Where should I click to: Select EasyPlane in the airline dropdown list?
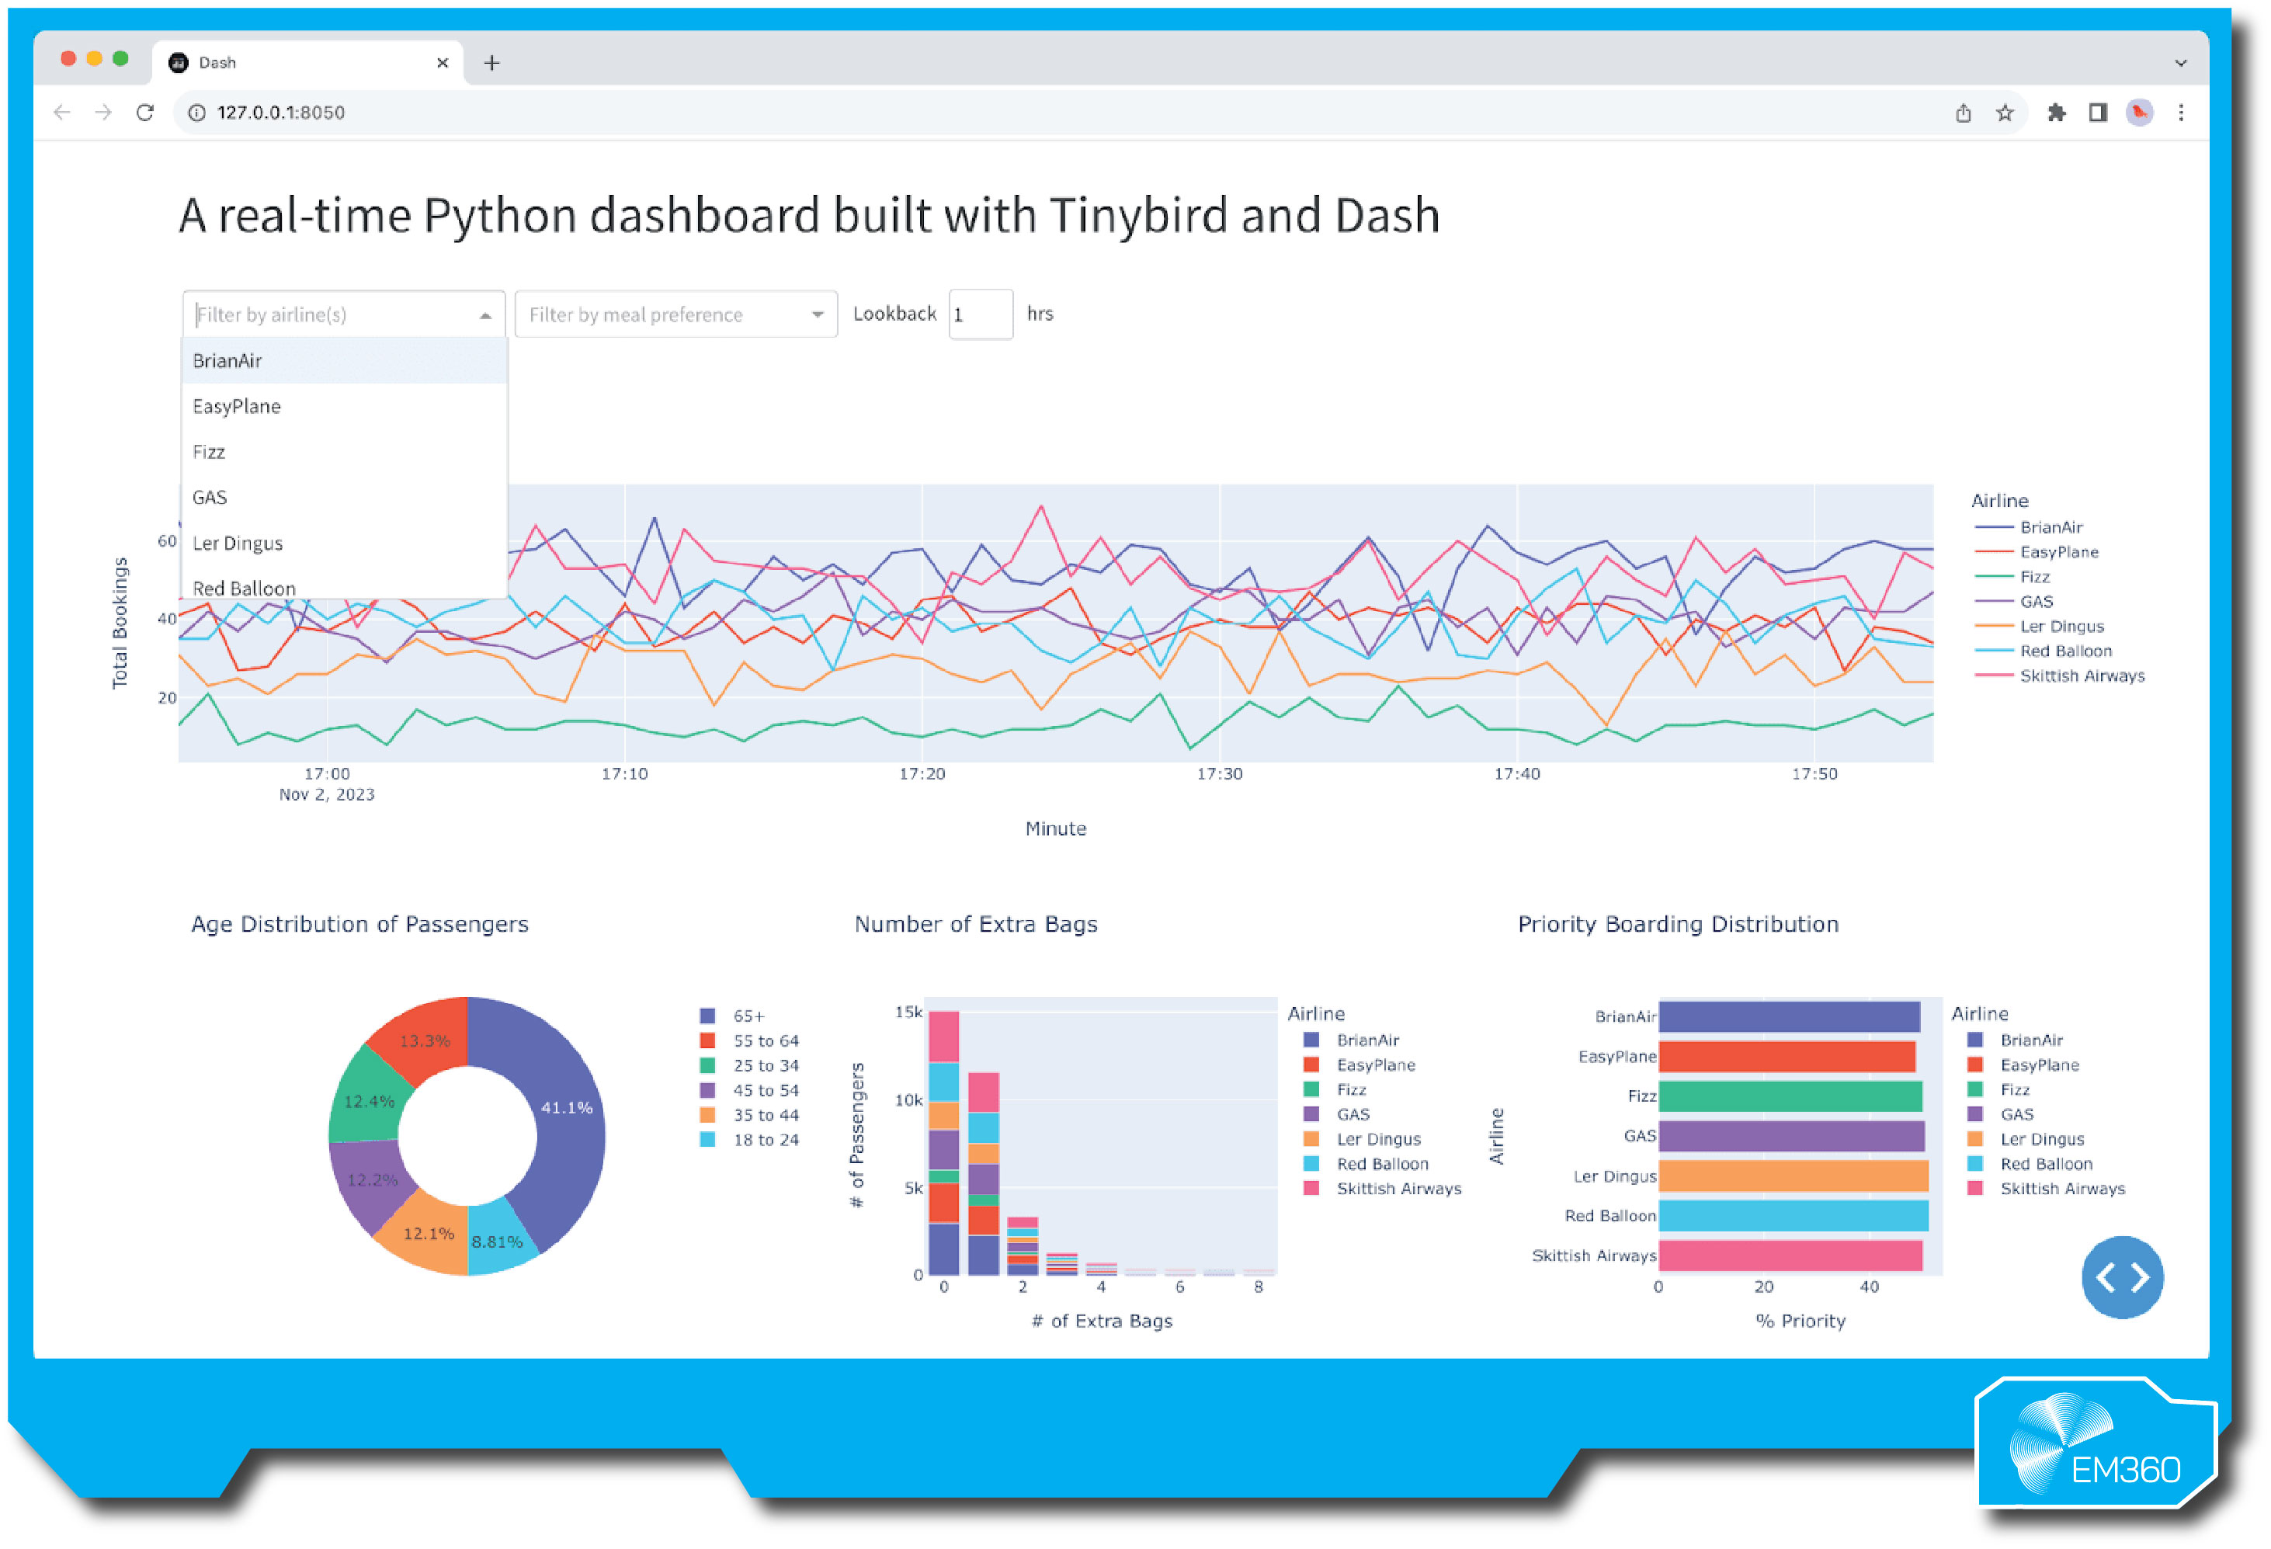237,407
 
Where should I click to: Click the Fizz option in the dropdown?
209,453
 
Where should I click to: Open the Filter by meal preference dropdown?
675,314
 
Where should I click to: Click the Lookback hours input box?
980,314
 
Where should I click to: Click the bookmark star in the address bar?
2004,113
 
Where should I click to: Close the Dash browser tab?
443,63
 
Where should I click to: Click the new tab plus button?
492,64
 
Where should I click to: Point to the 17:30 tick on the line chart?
1220,774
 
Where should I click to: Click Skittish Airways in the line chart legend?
2082,676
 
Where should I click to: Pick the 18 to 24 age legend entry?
765,1141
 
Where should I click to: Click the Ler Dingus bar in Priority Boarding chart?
1794,1176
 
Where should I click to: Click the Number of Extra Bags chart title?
975,925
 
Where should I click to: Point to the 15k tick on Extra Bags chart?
908,1012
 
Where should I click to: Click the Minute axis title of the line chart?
1055,828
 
